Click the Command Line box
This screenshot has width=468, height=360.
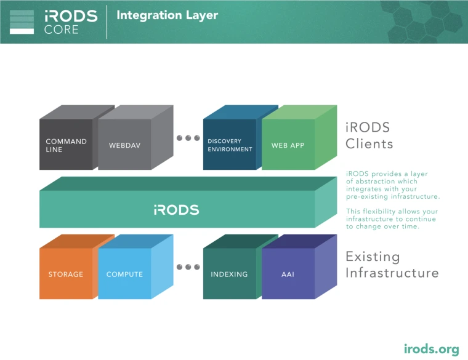tap(67, 145)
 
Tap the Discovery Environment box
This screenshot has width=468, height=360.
tap(230, 145)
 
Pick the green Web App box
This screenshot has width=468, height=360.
tap(288, 145)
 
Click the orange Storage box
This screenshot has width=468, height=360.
tap(66, 274)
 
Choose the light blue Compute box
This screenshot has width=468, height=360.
tap(124, 274)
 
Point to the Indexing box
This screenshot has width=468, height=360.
tap(229, 274)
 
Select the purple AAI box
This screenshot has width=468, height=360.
tap(288, 274)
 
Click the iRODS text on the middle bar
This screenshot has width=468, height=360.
tap(176, 210)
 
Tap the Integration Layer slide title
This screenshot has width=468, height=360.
tap(167, 15)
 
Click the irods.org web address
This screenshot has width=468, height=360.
tap(431, 349)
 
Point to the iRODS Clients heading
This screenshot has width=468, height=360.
tap(369, 136)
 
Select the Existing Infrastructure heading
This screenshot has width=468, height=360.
tap(392, 265)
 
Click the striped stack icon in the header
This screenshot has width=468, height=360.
tap(22, 22)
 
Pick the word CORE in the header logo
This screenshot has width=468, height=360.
tap(61, 30)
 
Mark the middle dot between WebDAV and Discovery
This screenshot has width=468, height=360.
tap(188, 138)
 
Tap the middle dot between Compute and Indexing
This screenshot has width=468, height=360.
tap(188, 267)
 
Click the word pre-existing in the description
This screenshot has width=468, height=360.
tap(370, 197)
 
